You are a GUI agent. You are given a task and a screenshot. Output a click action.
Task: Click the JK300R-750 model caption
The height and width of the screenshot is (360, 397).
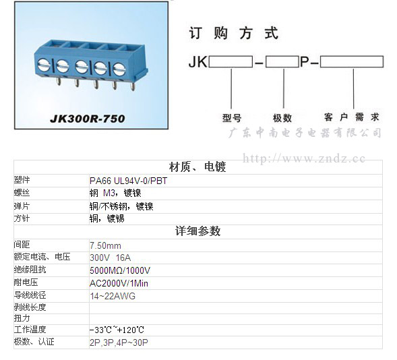(88, 119)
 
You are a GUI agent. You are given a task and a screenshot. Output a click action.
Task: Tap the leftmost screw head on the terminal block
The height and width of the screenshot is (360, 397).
(43, 65)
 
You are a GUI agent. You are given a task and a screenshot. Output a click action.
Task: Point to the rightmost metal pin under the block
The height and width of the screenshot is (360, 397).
(132, 86)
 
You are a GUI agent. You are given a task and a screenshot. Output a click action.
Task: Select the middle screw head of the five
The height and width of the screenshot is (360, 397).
(82, 67)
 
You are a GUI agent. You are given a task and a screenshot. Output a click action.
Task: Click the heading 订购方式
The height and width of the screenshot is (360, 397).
(233, 33)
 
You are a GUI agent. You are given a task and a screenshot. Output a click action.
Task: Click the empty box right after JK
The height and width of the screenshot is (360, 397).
(231, 62)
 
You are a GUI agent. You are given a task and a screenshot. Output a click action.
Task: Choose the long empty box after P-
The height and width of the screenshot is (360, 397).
(352, 61)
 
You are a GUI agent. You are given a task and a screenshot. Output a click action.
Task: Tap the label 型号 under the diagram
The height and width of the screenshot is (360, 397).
(232, 118)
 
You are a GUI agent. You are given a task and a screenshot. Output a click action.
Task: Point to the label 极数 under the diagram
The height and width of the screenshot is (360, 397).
(282, 118)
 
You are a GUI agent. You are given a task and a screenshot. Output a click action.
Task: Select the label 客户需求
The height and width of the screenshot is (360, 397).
(351, 117)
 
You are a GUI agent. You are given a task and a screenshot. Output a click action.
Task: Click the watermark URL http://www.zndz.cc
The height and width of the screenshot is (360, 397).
(304, 158)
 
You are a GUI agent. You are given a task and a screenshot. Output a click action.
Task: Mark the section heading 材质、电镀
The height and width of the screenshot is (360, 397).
(197, 167)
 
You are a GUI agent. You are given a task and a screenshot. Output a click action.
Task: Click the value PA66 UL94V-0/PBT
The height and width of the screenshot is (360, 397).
(128, 181)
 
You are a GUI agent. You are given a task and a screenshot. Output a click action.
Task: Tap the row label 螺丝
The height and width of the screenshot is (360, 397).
(22, 193)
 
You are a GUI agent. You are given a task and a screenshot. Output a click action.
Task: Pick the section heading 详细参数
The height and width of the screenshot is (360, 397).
(197, 231)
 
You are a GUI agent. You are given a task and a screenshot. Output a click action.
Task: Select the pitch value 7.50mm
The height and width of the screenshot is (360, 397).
(105, 245)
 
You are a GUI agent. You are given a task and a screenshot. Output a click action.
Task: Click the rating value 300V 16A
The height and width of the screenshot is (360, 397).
(110, 258)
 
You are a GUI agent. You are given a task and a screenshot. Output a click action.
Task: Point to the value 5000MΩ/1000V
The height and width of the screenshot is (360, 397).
(120, 270)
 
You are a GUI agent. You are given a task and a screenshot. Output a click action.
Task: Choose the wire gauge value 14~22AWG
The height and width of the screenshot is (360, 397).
(113, 296)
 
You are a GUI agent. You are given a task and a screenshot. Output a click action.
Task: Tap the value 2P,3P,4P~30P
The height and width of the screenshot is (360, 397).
(119, 342)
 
